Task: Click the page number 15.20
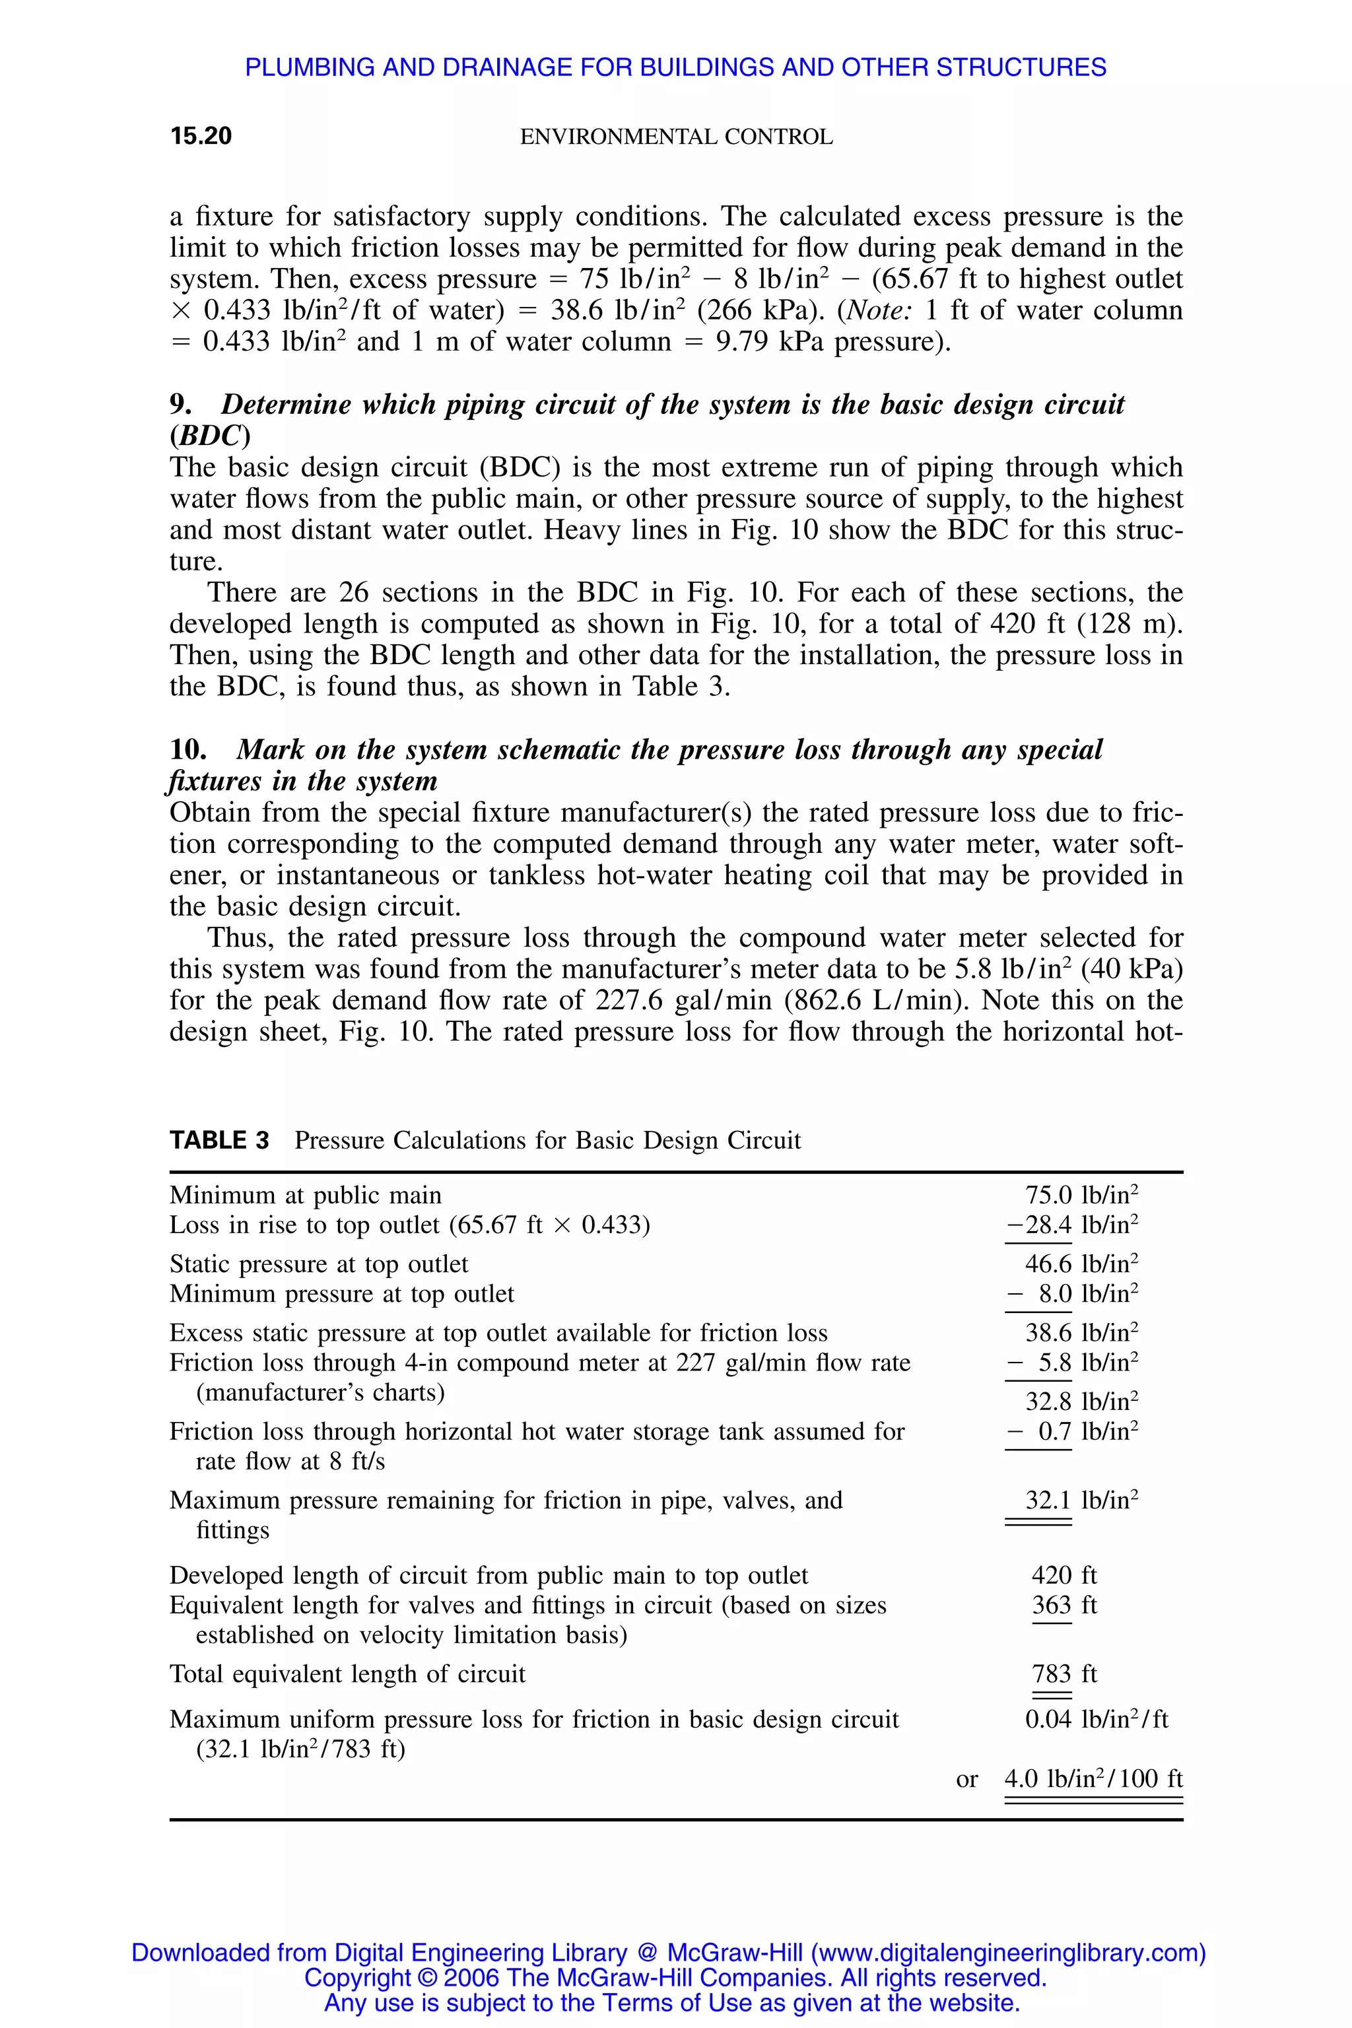pyautogui.click(x=201, y=136)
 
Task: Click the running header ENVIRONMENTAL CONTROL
pyautogui.click(x=676, y=137)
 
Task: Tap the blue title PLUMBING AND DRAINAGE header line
pyautogui.click(x=675, y=67)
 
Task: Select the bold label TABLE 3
pyautogui.click(x=219, y=1140)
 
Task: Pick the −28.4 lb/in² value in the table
pyautogui.click(x=1072, y=1225)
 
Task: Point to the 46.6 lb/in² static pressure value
pyautogui.click(x=1081, y=1264)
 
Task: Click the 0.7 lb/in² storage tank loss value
pyautogui.click(x=1073, y=1431)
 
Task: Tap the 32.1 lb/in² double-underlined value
pyautogui.click(x=1081, y=1501)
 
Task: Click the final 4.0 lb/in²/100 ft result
pyautogui.click(x=1093, y=1779)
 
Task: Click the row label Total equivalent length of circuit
pyautogui.click(x=347, y=1673)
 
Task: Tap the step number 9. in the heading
pyautogui.click(x=180, y=405)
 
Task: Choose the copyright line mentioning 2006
pyautogui.click(x=675, y=1977)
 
